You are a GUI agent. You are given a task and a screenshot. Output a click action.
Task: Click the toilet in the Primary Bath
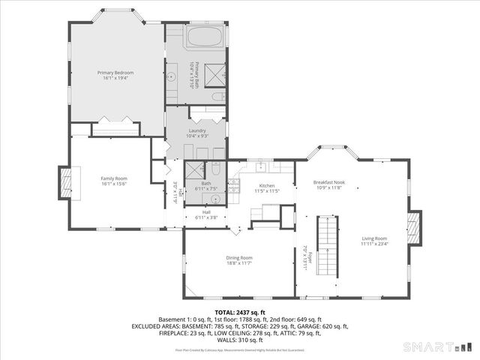click(217, 97)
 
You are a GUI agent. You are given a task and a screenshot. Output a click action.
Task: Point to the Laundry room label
click(197, 130)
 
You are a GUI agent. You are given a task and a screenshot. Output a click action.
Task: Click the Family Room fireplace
click(66, 181)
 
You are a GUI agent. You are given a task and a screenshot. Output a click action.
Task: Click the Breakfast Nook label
click(328, 182)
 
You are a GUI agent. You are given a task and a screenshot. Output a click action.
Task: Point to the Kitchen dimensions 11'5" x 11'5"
click(267, 191)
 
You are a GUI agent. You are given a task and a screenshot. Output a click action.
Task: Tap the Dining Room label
click(239, 257)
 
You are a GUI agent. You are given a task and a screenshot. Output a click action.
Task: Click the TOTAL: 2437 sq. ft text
click(240, 312)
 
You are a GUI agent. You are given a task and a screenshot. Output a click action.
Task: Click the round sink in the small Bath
click(215, 199)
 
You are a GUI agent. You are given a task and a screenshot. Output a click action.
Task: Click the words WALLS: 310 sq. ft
click(240, 340)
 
